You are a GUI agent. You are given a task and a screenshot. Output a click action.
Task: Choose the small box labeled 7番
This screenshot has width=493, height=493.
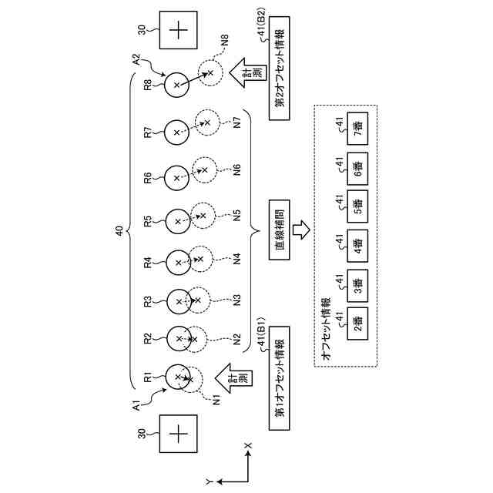(x=357, y=127)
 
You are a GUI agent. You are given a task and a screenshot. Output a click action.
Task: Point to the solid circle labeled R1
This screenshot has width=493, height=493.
(x=178, y=377)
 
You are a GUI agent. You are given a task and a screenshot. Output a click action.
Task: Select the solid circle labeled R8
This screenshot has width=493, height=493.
(x=177, y=84)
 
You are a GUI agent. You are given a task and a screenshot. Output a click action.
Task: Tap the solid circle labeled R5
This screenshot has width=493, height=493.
(x=177, y=221)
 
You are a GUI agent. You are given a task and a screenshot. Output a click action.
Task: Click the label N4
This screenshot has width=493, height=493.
(x=237, y=259)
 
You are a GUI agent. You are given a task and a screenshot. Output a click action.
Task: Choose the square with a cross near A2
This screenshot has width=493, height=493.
(x=179, y=30)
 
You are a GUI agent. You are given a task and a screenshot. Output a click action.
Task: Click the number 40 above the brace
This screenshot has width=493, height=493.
(x=119, y=230)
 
